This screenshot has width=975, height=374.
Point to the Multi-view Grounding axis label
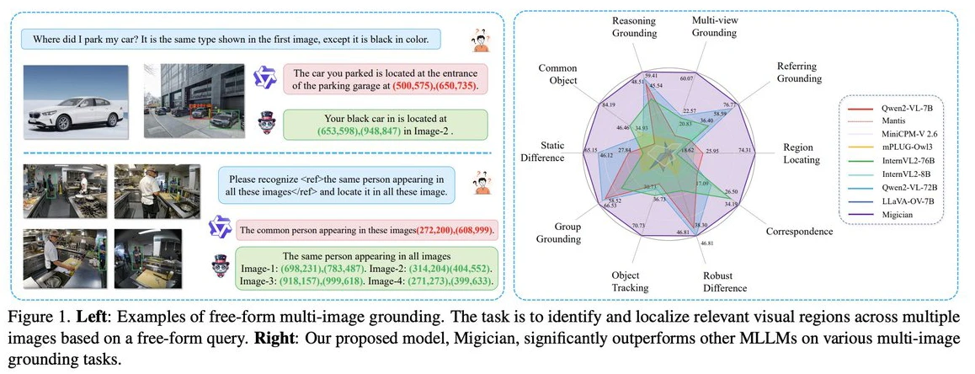coord(715,26)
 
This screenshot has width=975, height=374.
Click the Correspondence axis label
coord(797,231)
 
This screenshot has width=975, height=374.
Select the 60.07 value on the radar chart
coord(688,78)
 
